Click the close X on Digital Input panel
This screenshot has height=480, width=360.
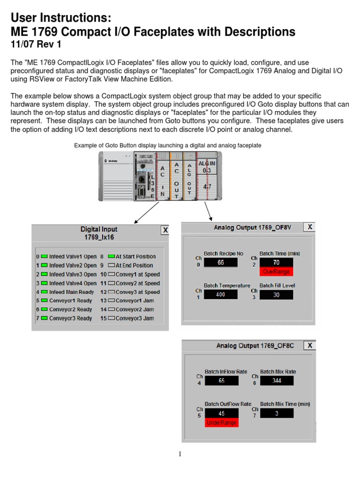coord(165,230)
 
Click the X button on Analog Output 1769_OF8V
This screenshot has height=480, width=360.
coord(309,227)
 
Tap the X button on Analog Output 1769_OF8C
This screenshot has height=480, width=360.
coord(309,345)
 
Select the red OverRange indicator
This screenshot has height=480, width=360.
coord(276,271)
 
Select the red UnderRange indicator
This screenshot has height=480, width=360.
coord(222,423)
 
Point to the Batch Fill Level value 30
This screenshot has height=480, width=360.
coord(276,295)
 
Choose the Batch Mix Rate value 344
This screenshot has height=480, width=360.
coord(276,381)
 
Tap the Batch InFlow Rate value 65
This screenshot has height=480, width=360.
coord(222,381)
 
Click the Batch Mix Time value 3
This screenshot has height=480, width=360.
coord(276,413)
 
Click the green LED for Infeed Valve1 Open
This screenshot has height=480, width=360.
coord(45,256)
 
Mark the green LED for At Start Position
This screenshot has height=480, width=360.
coord(111,256)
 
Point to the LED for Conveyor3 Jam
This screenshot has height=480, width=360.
coord(112,318)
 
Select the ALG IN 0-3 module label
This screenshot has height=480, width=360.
coord(207,166)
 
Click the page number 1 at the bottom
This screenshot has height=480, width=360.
coord(180,454)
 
